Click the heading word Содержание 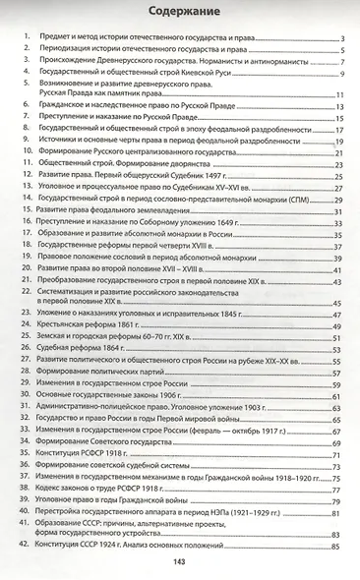pyautogui.click(x=180, y=12)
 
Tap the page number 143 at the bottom pyautogui.click(x=179, y=562)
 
